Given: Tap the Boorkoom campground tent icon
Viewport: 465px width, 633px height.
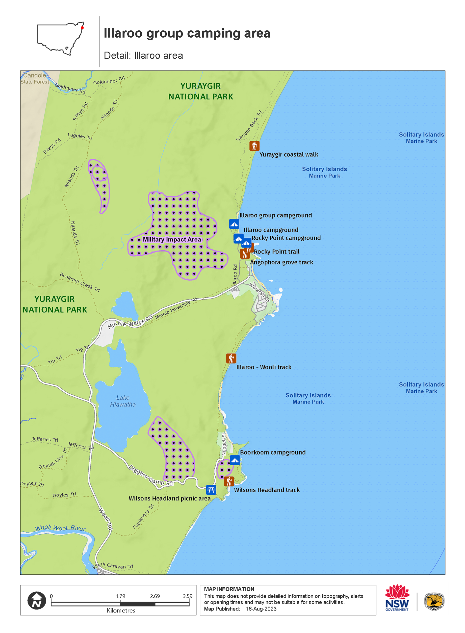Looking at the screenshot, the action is (x=235, y=460).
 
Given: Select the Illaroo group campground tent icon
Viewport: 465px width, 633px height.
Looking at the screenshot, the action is (x=234, y=224).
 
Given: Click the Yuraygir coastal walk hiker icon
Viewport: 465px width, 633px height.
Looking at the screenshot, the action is (x=254, y=146).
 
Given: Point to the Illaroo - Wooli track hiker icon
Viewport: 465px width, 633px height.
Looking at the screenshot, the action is (x=231, y=358).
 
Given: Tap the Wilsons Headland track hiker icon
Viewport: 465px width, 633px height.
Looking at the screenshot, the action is (x=229, y=481).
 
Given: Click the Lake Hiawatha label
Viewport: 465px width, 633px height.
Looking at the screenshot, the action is (x=123, y=401).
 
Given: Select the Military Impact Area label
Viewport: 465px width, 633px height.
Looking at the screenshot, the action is (x=172, y=240).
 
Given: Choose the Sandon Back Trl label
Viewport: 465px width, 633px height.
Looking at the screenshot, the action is (x=249, y=126).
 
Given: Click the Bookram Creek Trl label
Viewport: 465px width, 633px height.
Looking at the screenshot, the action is (x=80, y=282).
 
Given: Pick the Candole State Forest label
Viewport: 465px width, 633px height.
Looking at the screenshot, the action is (x=35, y=78).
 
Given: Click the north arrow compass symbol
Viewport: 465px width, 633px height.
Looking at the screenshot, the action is (x=37, y=601).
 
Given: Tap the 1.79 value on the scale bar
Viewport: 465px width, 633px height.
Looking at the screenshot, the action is (x=121, y=596).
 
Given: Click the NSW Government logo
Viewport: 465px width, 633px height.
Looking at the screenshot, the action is (x=397, y=597).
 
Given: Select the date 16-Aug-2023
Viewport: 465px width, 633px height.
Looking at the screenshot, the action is (x=261, y=609).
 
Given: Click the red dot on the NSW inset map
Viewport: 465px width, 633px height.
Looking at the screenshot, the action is (x=82, y=27).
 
